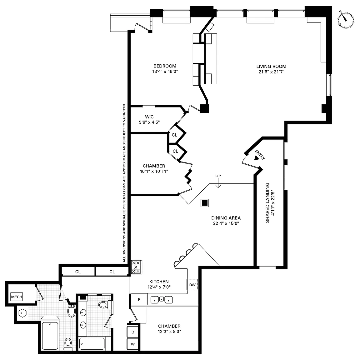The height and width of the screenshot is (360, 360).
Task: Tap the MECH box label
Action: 17,297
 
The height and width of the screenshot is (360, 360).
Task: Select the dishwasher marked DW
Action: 192,285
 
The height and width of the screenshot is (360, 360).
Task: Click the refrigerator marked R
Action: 139,299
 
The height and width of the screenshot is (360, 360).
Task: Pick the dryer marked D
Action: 133,332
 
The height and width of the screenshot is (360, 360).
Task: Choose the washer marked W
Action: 133,344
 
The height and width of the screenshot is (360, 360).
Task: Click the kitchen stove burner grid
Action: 136,267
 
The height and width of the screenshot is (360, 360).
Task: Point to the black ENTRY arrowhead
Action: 256,158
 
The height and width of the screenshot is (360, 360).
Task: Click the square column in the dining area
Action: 205,203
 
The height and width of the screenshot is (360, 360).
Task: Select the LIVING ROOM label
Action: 271,66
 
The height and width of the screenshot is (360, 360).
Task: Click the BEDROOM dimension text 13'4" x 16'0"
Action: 165,71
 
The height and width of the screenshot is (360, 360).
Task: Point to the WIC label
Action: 149,117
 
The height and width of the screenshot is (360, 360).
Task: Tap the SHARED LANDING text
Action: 267,203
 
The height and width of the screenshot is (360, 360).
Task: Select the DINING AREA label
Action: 226,218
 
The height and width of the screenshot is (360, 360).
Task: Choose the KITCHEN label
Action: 159,282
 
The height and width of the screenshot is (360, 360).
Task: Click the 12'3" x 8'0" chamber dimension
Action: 169,332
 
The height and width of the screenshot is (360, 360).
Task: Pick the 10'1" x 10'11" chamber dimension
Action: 154,171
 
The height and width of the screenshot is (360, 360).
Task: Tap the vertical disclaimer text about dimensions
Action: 124,183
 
